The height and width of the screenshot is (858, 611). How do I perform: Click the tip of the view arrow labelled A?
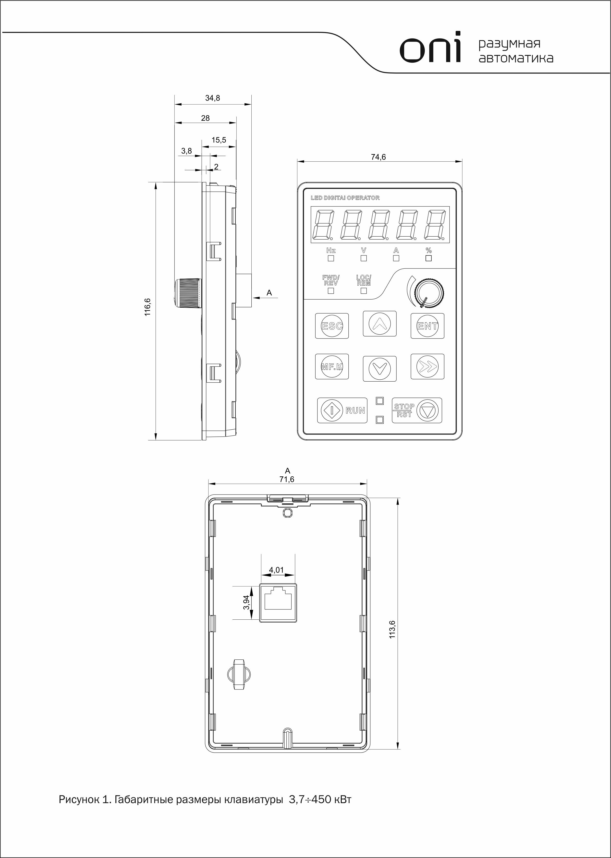coord(252,298)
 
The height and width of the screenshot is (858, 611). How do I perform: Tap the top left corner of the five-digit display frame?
coord(310,206)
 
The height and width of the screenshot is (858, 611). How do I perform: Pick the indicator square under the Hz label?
coord(331,258)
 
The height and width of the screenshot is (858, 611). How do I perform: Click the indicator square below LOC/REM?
coord(364,291)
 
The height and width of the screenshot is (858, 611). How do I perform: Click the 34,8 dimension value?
coord(213,98)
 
